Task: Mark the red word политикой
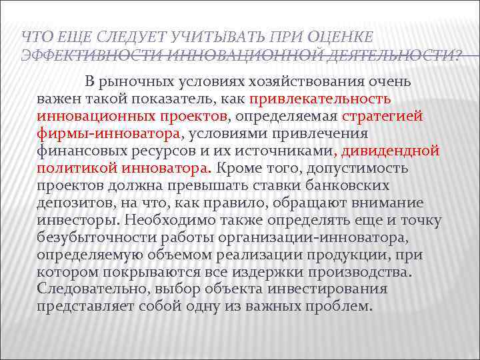click(x=76, y=168)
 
